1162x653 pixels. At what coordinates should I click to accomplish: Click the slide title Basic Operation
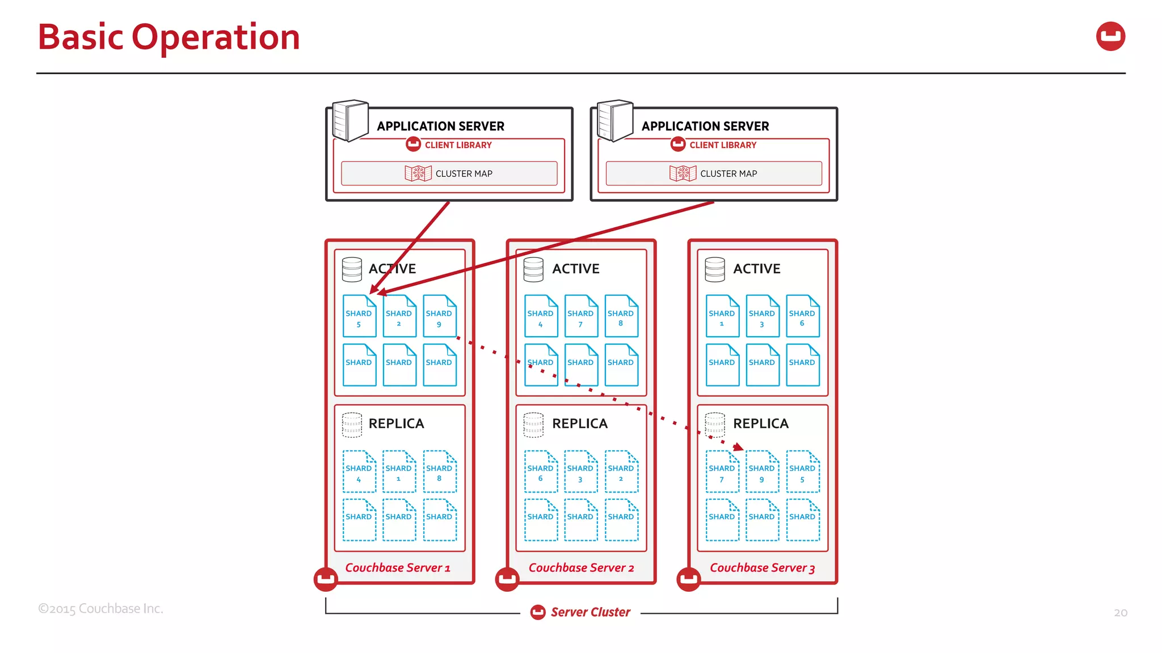tap(169, 37)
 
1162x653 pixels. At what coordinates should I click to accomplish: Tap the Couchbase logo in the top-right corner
tap(1110, 36)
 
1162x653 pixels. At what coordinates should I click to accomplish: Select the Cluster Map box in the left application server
tap(449, 173)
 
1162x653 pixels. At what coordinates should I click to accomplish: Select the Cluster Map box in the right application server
tap(713, 173)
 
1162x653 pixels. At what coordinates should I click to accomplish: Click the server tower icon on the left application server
tap(350, 120)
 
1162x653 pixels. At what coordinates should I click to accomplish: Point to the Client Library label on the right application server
tap(722, 145)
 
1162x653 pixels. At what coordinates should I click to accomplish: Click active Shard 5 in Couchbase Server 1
tap(359, 316)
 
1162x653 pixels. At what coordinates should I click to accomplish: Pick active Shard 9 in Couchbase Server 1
tap(439, 316)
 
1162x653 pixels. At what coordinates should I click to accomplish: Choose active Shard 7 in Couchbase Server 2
tap(580, 316)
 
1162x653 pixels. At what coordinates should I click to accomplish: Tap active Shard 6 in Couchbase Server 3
tap(802, 316)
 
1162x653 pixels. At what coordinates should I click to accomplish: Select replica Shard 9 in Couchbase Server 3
tap(761, 472)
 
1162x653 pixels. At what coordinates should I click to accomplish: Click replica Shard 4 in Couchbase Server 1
tap(359, 472)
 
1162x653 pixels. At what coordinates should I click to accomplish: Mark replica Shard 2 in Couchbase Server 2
tap(621, 472)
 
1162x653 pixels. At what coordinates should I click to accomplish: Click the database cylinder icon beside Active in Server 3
tap(714, 269)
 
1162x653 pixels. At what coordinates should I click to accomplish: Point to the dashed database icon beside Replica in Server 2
tap(533, 425)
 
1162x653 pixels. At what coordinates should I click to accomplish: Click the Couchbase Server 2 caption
tap(581, 568)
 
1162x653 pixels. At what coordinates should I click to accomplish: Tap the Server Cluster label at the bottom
tap(590, 612)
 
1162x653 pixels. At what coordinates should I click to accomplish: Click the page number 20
tap(1120, 613)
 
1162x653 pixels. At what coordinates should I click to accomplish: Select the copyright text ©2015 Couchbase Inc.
tap(100, 609)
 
